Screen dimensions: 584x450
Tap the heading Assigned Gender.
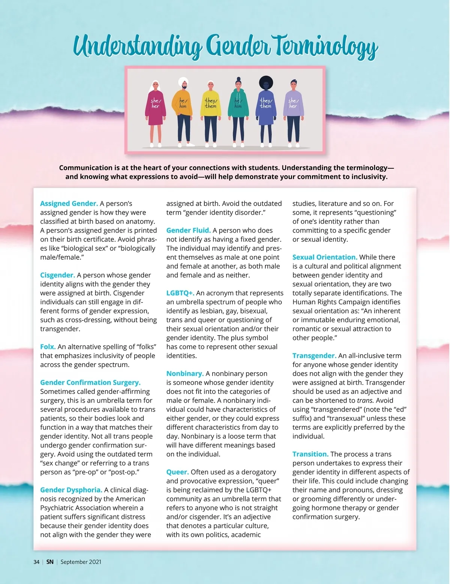click(x=69, y=204)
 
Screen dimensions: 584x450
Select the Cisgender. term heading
click(x=58, y=275)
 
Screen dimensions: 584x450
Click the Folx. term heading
click(x=48, y=347)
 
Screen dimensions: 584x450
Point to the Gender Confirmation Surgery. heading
click(x=90, y=382)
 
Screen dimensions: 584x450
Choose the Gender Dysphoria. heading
click(x=71, y=490)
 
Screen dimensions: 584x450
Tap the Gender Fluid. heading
click(x=189, y=230)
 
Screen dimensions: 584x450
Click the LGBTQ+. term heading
click(x=180, y=293)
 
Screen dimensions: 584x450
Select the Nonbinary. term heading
click(x=185, y=373)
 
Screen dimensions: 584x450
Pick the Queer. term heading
click(x=177, y=472)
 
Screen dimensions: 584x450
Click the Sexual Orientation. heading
click(x=325, y=257)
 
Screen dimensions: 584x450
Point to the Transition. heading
click(x=310, y=454)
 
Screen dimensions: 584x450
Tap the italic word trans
click(x=365, y=400)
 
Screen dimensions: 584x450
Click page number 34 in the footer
click(x=36, y=562)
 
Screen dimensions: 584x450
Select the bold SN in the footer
click(x=50, y=562)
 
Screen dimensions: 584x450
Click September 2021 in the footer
click(x=81, y=562)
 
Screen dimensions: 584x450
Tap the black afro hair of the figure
click(x=266, y=82)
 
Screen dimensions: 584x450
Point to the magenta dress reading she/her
click(x=155, y=107)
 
